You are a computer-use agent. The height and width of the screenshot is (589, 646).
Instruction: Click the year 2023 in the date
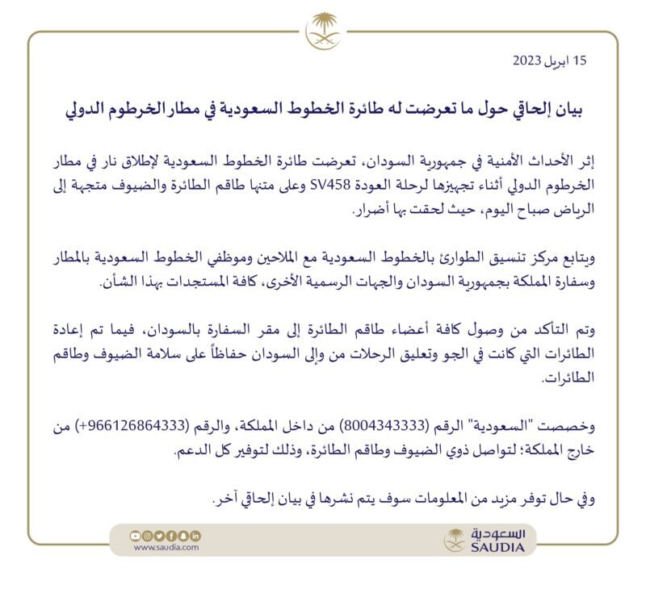527,61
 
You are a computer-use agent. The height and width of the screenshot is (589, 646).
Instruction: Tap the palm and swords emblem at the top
323,31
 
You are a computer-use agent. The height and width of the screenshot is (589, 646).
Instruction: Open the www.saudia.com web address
166,547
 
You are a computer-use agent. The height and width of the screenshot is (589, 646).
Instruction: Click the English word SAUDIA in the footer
497,549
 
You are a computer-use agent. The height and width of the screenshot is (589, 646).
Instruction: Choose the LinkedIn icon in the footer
196,535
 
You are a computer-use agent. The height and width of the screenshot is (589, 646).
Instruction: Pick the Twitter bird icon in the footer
159,535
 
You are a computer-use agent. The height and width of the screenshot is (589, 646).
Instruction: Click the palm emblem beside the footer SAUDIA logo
455,540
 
